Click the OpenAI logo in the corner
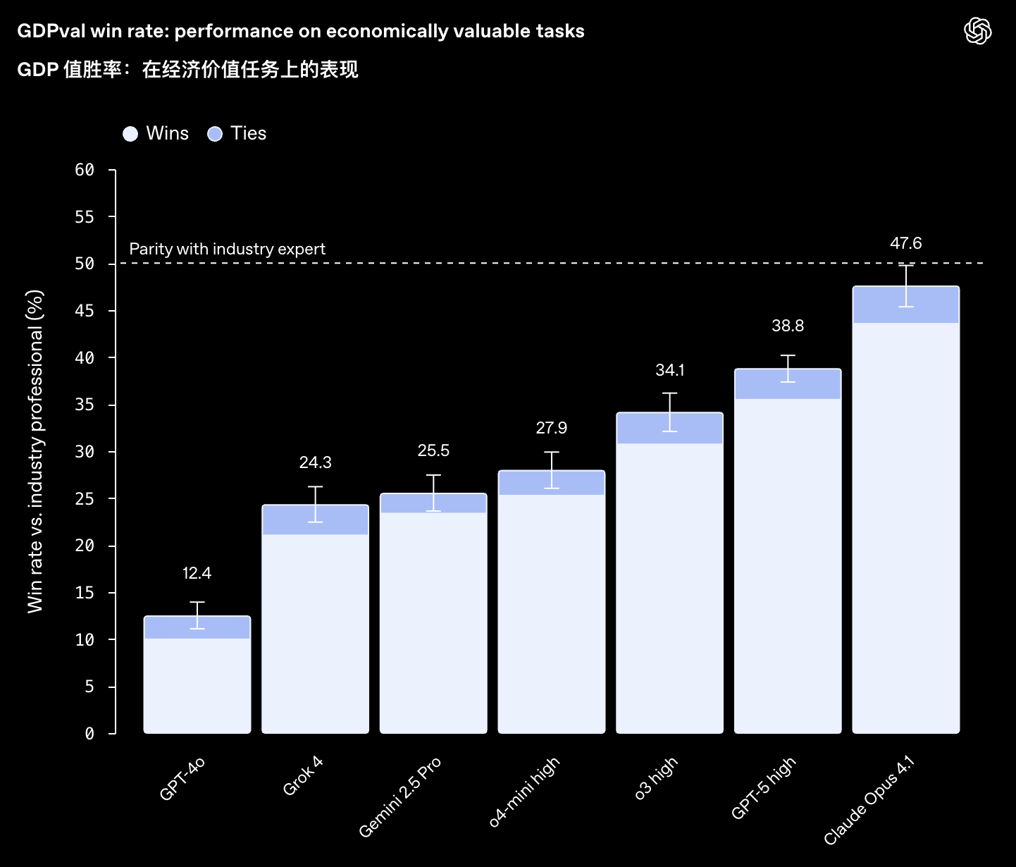[x=977, y=31]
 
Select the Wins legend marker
[x=130, y=134]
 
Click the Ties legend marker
[x=215, y=134]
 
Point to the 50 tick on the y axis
[x=85, y=264]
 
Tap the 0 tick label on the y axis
[x=89, y=734]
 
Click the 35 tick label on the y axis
[x=85, y=405]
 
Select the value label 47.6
[x=905, y=243]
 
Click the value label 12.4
[x=197, y=573]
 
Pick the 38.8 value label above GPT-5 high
[x=787, y=326]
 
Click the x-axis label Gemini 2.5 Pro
[x=399, y=797]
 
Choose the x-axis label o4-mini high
[x=524, y=792]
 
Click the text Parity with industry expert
[x=227, y=249]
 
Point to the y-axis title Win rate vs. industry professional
[x=35, y=451]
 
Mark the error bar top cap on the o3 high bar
[x=669, y=393]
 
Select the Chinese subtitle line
[x=187, y=69]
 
